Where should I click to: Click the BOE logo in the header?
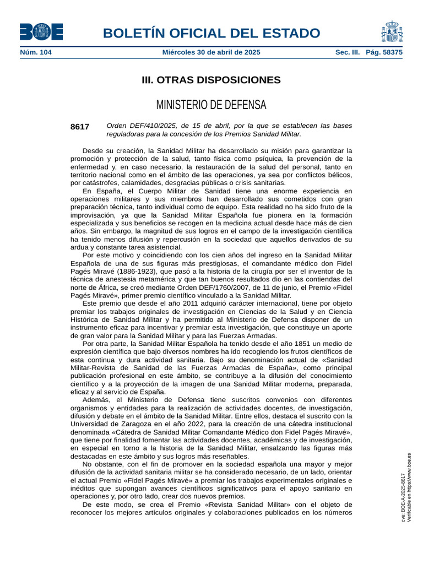41,32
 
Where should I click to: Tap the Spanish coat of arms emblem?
391,32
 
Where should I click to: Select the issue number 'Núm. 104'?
35,52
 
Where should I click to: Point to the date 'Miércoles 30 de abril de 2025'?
211,52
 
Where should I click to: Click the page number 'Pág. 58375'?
384,52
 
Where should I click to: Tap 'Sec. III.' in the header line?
348,52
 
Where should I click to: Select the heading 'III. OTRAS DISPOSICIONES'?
211,80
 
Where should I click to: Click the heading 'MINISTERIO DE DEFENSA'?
211,105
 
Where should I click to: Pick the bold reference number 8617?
80,127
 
